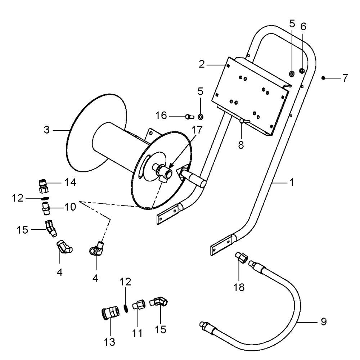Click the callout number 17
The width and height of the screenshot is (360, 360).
pyautogui.click(x=197, y=130)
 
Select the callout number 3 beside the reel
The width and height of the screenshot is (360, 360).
pyautogui.click(x=46, y=130)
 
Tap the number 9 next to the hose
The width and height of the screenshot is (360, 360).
pyautogui.click(x=324, y=321)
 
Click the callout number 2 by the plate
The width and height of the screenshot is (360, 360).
pyautogui.click(x=202, y=64)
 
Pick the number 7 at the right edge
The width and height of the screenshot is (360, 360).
pyautogui.click(x=345, y=78)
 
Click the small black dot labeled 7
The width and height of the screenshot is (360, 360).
pyautogui.click(x=323, y=78)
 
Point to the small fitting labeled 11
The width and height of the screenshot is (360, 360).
pyautogui.click(x=138, y=305)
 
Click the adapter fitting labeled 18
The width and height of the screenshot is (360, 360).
pyautogui.click(x=240, y=257)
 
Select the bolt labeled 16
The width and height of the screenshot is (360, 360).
pyautogui.click(x=189, y=117)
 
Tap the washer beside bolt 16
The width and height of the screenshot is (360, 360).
pyautogui.click(x=201, y=117)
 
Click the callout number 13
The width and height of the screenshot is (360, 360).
pyautogui.click(x=109, y=342)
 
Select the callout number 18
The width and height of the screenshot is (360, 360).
pyautogui.click(x=239, y=287)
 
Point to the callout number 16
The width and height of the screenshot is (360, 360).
pyautogui.click(x=161, y=116)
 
